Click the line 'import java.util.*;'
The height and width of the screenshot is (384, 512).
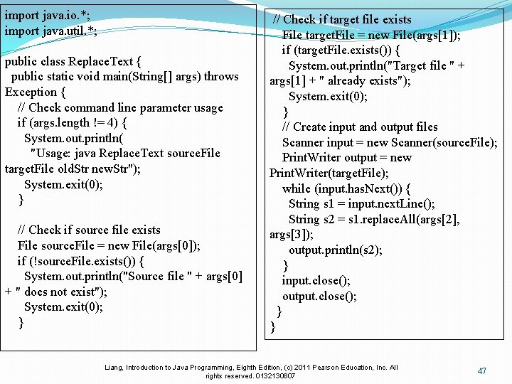coord(50,30)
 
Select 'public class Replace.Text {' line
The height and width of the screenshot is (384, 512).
coord(73,60)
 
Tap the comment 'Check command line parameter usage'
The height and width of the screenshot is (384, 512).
coord(120,107)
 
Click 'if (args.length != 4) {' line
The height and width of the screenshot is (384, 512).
coord(73,122)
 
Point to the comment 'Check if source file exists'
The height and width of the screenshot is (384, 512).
coord(89,230)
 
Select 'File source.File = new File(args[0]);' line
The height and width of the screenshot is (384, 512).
coord(109,245)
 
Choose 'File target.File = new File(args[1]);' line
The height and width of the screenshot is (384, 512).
coord(370,35)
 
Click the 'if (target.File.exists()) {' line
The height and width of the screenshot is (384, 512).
coord(341,50)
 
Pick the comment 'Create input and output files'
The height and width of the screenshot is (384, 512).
coord(360,127)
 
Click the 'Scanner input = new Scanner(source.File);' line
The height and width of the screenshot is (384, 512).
coord(389,142)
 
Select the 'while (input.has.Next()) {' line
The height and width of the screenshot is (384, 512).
coord(346,188)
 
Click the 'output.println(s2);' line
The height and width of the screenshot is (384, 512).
coord(335,250)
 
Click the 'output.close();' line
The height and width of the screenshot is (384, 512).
coord(319,296)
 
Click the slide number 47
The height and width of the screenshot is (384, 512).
coord(481,370)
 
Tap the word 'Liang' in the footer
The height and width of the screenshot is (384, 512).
coord(114,367)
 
